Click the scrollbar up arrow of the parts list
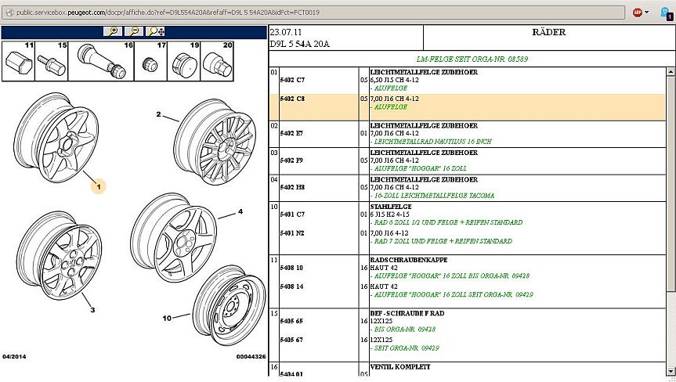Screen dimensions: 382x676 [x=671, y=72]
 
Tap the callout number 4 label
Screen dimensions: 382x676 [x=240, y=211]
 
